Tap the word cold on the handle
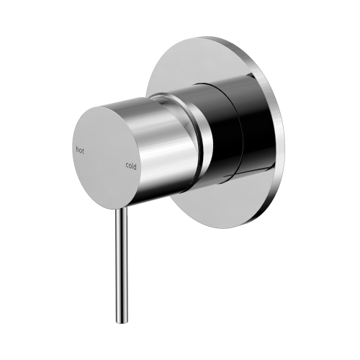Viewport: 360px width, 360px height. click(130, 166)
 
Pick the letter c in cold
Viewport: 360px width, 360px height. click(127, 166)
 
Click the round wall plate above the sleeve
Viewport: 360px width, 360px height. click(209, 61)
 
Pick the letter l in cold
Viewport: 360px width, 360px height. click(132, 166)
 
